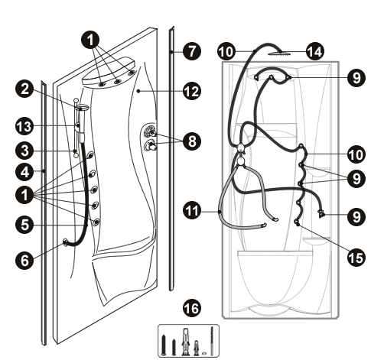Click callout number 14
pyautogui.click(x=315, y=51)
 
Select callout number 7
pyautogui.click(x=192, y=51)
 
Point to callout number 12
pyautogui.click(x=192, y=91)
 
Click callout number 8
pyautogui.click(x=192, y=141)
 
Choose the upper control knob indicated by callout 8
pyautogui.click(x=151, y=132)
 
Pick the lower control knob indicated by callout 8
pyautogui.click(x=151, y=147)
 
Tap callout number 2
pyautogui.click(x=24, y=89)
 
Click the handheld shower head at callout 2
pyautogui.click(x=82, y=108)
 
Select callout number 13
pyautogui.click(x=24, y=126)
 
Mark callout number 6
pyautogui.click(x=24, y=260)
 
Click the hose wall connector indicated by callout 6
pyautogui.click(x=66, y=242)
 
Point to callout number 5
pyautogui.click(x=24, y=225)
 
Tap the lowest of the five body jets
pyautogui.click(x=96, y=222)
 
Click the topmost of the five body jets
pyautogui.click(x=90, y=155)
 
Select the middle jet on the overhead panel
pyautogui.click(x=117, y=82)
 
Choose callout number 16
pyautogui.click(x=192, y=308)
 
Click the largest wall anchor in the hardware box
pyautogui.click(x=186, y=342)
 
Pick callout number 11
pyautogui.click(x=192, y=211)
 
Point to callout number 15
pyautogui.click(x=356, y=258)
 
